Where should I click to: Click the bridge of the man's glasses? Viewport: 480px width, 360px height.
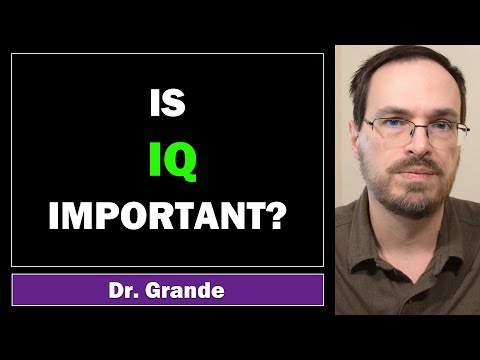[414, 126]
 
